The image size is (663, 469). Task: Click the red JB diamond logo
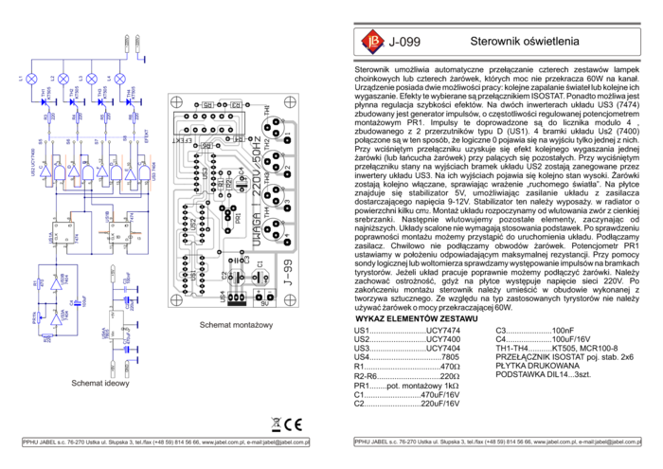[x=372, y=41]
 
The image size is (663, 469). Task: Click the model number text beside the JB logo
[x=406, y=42]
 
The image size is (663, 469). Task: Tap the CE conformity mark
[x=295, y=424]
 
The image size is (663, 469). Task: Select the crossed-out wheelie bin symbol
[x=276, y=424]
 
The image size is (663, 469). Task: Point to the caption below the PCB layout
[x=236, y=325]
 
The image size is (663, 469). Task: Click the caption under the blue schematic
[x=100, y=384]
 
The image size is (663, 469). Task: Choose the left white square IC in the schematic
[x=63, y=232]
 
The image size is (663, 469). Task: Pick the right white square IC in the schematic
[x=119, y=232]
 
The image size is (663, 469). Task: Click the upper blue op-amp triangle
[x=56, y=283]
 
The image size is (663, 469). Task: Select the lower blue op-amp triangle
[x=56, y=319]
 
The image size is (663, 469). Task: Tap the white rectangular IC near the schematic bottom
[x=116, y=323]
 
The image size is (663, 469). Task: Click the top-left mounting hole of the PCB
[x=177, y=102]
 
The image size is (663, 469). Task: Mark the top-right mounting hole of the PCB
[x=289, y=102]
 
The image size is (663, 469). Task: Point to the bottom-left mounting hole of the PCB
[x=177, y=298]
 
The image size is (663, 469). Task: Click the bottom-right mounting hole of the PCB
[x=289, y=298]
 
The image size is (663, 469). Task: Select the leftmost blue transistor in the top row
[x=31, y=79]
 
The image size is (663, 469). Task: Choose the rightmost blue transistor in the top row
[x=119, y=79]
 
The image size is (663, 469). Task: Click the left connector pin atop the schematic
[x=127, y=45]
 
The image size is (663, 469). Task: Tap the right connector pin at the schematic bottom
[x=126, y=369]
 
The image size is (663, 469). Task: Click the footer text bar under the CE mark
[x=166, y=442]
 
